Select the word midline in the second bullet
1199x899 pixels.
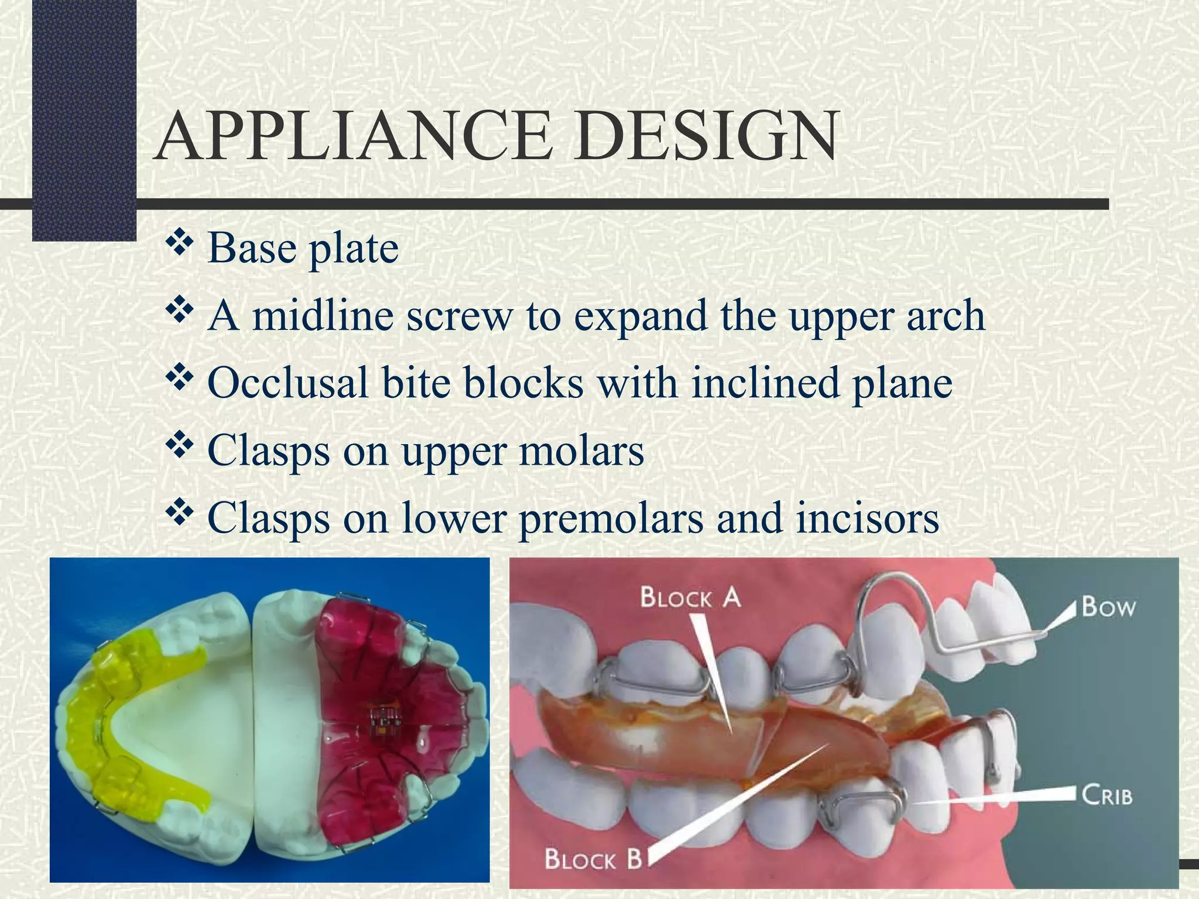point(323,315)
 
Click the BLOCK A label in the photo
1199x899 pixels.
point(690,598)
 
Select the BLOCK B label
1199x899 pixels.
point(593,860)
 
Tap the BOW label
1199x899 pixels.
point(1108,607)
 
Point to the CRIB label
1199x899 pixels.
point(1106,796)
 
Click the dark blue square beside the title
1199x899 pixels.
point(84,117)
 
